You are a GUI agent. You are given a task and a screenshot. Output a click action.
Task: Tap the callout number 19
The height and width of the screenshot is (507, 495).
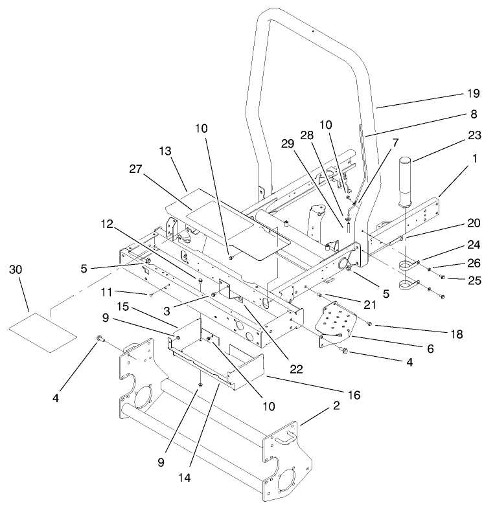tap(475, 95)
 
